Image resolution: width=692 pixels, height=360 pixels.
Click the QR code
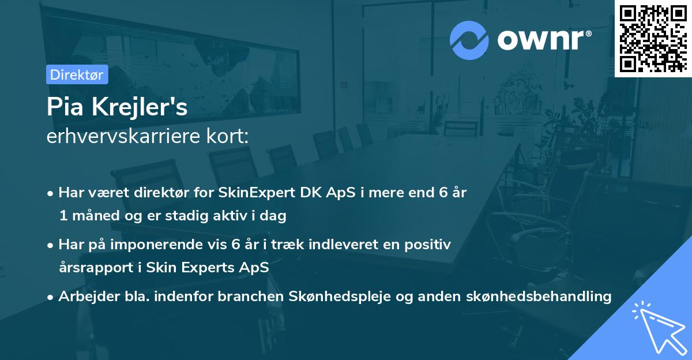click(x=653, y=38)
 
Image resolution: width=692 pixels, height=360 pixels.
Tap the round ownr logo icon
click(x=469, y=40)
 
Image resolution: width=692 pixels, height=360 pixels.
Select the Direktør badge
click(x=77, y=74)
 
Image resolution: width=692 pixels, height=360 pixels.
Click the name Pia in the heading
click(x=64, y=107)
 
